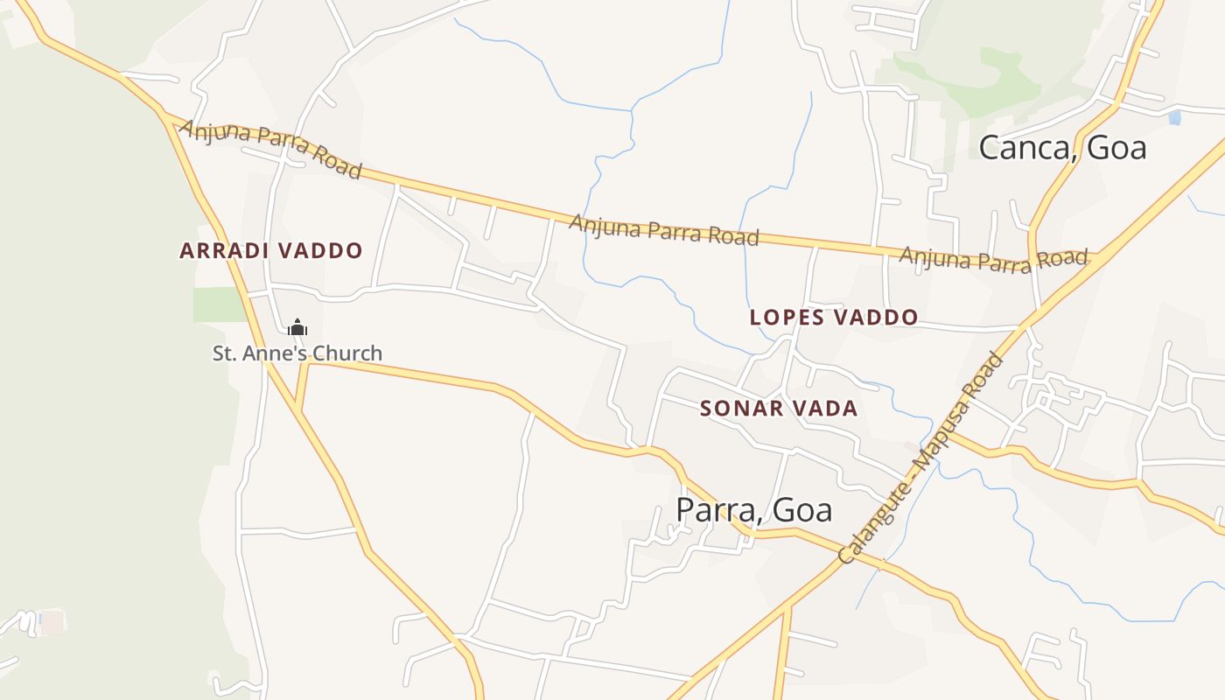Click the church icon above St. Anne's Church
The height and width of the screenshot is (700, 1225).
(297, 328)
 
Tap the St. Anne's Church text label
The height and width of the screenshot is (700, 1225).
(297, 353)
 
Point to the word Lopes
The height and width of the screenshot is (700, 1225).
(786, 318)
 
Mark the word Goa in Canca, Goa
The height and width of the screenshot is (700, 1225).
(1116, 148)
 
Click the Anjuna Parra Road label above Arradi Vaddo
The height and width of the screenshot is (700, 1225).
(270, 149)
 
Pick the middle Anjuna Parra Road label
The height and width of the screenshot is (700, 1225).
(663, 229)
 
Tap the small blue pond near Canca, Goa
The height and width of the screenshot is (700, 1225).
(1174, 117)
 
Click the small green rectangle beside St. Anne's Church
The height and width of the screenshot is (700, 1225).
(218, 304)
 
